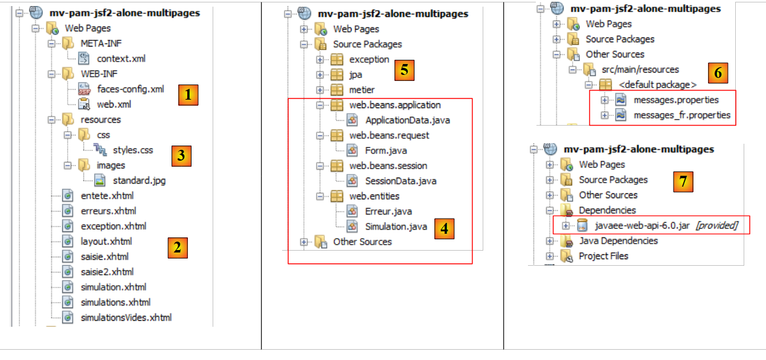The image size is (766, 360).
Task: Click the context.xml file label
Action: [x=121, y=59]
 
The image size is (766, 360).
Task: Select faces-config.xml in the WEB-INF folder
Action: [x=130, y=89]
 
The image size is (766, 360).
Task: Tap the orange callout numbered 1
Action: [x=188, y=95]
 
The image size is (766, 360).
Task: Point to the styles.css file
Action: [x=133, y=150]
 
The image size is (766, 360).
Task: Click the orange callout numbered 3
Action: [x=181, y=155]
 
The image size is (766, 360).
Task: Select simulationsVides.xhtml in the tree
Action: [x=126, y=317]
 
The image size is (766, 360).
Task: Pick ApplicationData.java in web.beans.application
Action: [x=407, y=120]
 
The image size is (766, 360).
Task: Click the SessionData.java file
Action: [x=401, y=181]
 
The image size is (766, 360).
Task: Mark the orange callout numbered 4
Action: [x=444, y=229]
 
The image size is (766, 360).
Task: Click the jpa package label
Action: [x=356, y=75]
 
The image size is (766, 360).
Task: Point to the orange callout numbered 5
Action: [x=404, y=70]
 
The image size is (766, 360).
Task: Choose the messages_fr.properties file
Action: [x=681, y=115]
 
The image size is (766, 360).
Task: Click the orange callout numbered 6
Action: [x=717, y=72]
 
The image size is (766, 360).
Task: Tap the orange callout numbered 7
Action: [x=683, y=182]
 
